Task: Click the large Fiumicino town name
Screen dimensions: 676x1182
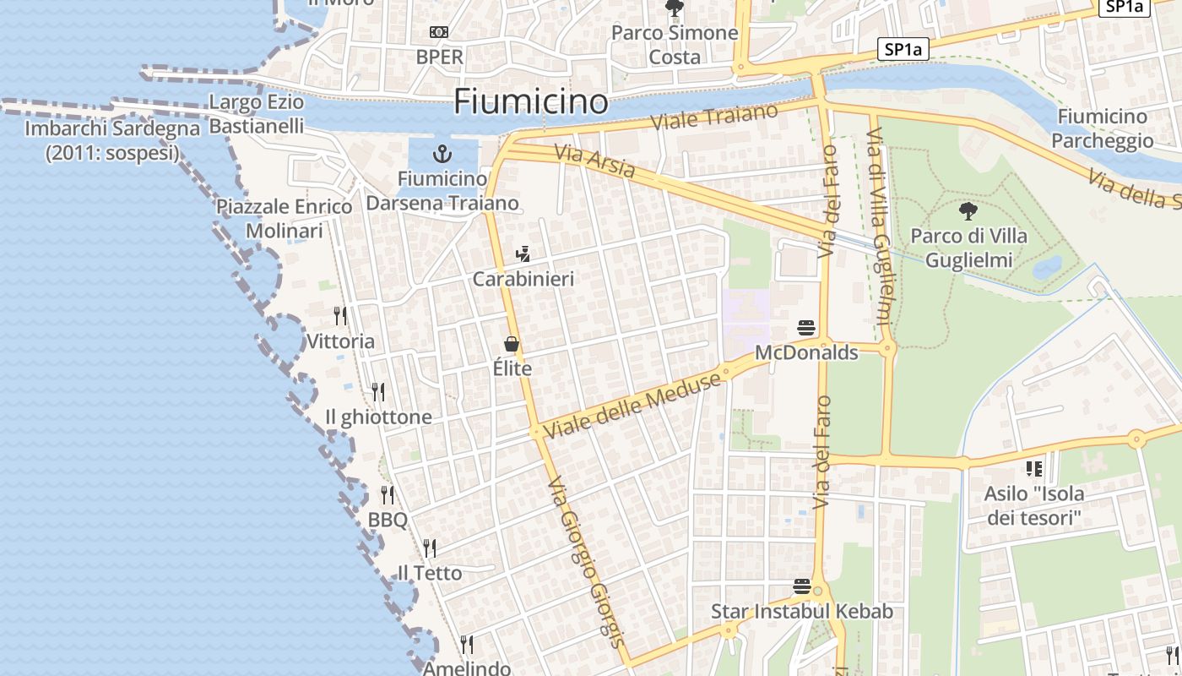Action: (530, 102)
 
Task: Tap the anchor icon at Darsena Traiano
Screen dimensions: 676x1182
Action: (441, 154)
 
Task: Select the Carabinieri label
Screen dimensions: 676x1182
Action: (523, 279)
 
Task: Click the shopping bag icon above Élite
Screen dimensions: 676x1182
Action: (512, 344)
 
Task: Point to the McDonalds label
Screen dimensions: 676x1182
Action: (806, 352)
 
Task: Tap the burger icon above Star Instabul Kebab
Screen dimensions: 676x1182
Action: (801, 586)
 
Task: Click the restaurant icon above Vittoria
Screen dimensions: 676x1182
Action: (340, 316)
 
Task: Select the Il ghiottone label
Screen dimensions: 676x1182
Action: (378, 417)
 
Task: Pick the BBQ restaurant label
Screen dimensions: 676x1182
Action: (388, 520)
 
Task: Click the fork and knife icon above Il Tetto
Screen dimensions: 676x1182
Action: (430, 548)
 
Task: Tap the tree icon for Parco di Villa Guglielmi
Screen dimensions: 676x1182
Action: (968, 211)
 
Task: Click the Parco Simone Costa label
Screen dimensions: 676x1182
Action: (675, 45)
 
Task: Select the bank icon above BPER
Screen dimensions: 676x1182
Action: (439, 32)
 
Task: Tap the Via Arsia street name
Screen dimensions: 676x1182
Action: (594, 161)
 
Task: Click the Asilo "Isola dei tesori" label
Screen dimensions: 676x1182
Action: (1034, 505)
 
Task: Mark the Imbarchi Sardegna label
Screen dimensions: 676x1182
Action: (112, 141)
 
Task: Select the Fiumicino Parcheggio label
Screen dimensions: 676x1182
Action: (1102, 128)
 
